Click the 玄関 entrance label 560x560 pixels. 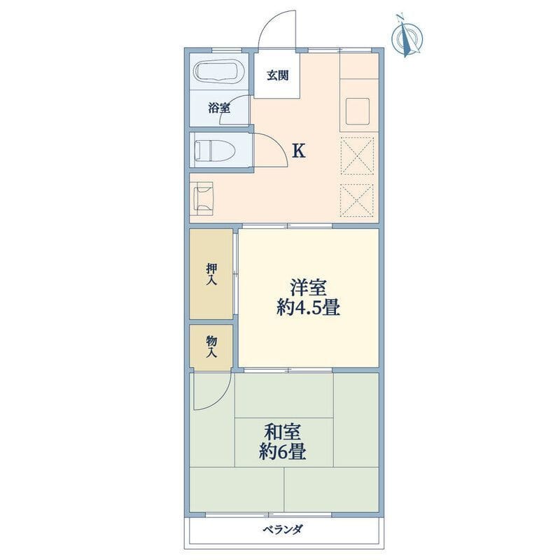pyautogui.click(x=277, y=76)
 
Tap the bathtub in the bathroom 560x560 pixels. pyautogui.click(x=218, y=72)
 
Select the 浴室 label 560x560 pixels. pyautogui.click(x=219, y=108)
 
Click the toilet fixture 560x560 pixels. pyautogui.click(x=214, y=150)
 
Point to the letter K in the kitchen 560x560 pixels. pyautogui.click(x=299, y=151)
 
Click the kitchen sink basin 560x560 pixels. pyautogui.click(x=357, y=111)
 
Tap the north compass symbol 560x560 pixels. pyautogui.click(x=407, y=36)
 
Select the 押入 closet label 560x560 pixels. pyautogui.click(x=212, y=274)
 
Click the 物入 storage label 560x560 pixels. pyautogui.click(x=212, y=347)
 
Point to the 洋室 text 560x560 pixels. pyautogui.click(x=308, y=288)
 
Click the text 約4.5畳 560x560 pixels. pyautogui.click(x=308, y=307)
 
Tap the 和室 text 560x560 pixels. pyautogui.click(x=282, y=433)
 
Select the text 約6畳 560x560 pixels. pyautogui.click(x=283, y=452)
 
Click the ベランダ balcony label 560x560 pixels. pyautogui.click(x=283, y=529)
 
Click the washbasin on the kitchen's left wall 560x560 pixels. pyautogui.click(x=203, y=199)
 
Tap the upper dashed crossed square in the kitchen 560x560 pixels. pyautogui.click(x=357, y=156)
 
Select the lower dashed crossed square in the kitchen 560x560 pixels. pyautogui.click(x=357, y=200)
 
